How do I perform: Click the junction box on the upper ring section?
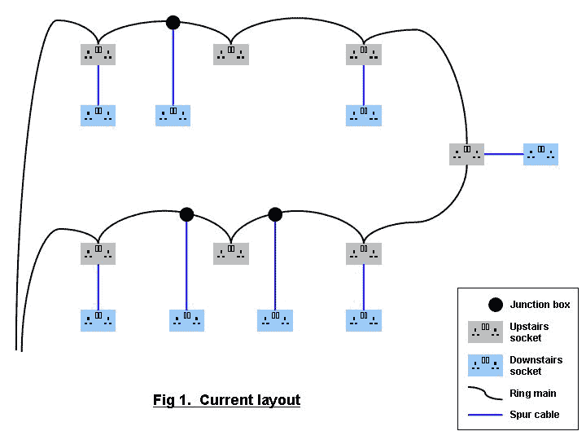point(173,22)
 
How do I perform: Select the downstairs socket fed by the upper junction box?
point(173,115)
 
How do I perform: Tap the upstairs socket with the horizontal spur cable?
point(466,154)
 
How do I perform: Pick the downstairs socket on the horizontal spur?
point(540,154)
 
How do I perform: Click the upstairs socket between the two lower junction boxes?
point(231,253)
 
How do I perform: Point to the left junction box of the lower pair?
point(186,214)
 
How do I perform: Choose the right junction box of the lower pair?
point(275,214)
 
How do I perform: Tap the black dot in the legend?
point(495,305)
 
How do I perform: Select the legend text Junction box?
point(540,305)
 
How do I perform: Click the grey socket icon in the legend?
point(485,332)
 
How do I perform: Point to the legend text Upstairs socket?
point(529,332)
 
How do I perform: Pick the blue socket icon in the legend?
point(485,365)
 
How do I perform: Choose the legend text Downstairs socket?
point(536,366)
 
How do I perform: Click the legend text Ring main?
point(533,394)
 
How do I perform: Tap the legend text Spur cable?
point(535,415)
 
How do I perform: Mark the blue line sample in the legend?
point(486,415)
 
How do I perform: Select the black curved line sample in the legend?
point(486,394)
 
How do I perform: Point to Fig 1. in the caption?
point(173,400)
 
